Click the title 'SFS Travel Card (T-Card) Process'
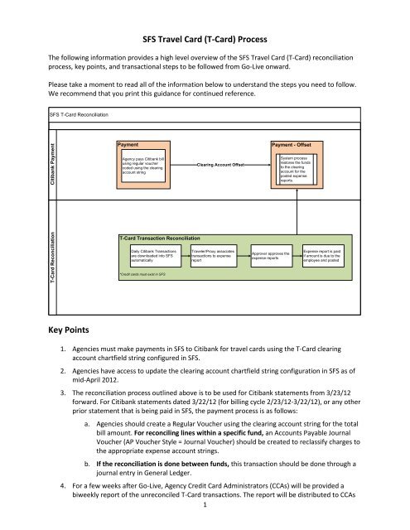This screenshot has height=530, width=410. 205,39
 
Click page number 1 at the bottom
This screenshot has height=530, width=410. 205,522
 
